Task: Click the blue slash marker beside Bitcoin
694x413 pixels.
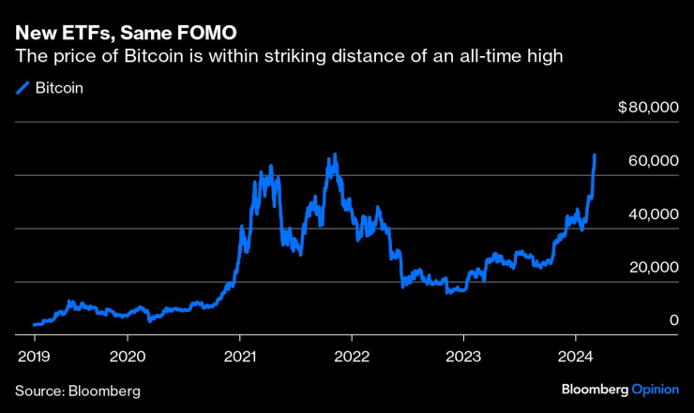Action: [x=23, y=89]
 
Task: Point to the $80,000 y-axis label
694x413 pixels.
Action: [x=648, y=108]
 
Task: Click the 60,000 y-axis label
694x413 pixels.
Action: [x=653, y=161]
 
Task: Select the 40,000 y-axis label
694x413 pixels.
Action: [x=653, y=214]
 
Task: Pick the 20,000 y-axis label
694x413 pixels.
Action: [x=653, y=268]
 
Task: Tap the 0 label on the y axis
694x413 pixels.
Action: [x=674, y=321]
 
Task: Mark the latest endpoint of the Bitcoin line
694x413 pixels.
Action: [x=595, y=155]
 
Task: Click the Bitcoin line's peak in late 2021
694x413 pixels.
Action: [x=331, y=156]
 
